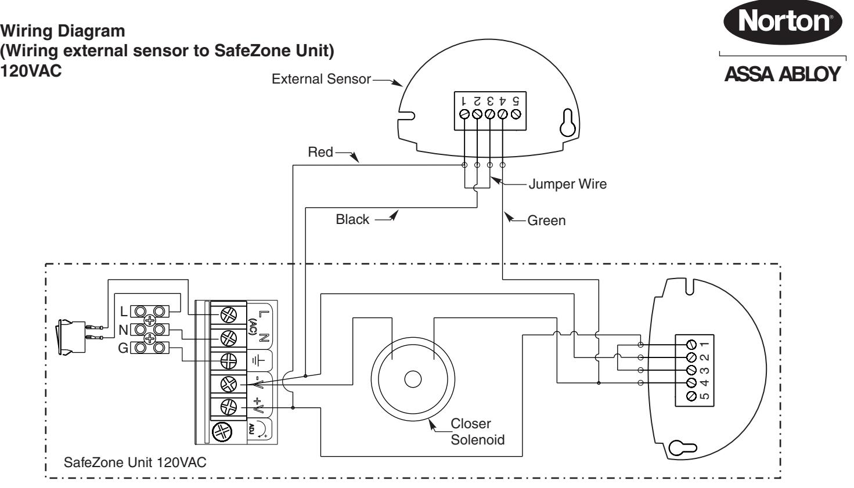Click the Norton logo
(783, 21)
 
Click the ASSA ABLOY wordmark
(783, 74)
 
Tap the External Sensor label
(321, 79)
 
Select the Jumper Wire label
(567, 184)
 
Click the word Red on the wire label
(320, 152)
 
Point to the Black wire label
(352, 219)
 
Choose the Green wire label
(546, 220)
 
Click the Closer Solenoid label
(477, 432)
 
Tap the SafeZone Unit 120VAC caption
(135, 462)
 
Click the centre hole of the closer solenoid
(413, 379)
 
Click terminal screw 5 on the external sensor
(516, 114)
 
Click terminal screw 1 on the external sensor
(464, 114)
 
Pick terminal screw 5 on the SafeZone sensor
(691, 396)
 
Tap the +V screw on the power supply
(228, 407)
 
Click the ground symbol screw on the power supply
(228, 361)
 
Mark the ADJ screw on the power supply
(222, 432)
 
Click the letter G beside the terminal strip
(122, 348)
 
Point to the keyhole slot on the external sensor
(567, 122)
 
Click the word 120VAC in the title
(31, 71)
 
